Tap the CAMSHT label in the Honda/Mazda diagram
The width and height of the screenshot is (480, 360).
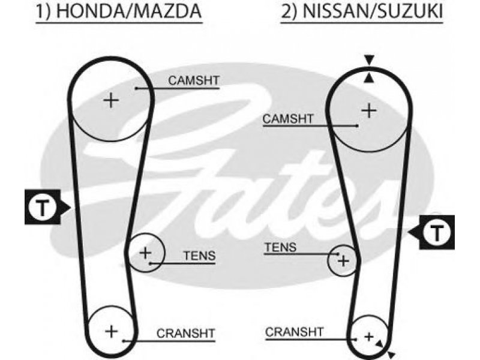pyautogui.click(x=194, y=80)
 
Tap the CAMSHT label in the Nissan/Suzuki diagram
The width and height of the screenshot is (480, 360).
pyautogui.click(x=288, y=119)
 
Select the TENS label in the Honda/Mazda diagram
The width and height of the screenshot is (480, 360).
pyautogui.click(x=200, y=256)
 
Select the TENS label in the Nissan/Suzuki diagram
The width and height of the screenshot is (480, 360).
pyautogui.click(x=280, y=247)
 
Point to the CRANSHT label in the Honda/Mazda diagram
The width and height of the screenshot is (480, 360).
pyautogui.click(x=186, y=334)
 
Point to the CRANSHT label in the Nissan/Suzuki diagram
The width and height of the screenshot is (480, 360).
pyautogui.click(x=294, y=332)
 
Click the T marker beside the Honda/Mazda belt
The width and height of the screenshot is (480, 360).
pyautogui.click(x=43, y=207)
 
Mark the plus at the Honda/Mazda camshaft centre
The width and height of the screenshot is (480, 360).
pyautogui.click(x=111, y=100)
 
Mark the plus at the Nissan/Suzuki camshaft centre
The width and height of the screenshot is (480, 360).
pyautogui.click(x=369, y=110)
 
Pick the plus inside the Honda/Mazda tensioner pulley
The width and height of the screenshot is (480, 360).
pyautogui.click(x=145, y=253)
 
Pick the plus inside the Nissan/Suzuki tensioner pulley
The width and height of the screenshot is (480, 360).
pyautogui.click(x=343, y=261)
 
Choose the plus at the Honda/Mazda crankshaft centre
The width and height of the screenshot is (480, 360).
pyautogui.click(x=111, y=332)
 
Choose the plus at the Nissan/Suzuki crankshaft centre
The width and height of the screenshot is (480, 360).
pyautogui.click(x=369, y=337)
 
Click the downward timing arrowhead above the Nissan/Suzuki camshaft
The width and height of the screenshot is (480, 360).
pyautogui.click(x=369, y=59)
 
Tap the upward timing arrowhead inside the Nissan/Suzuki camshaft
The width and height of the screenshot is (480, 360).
pyautogui.click(x=369, y=79)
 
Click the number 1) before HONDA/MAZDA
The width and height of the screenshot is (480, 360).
pyautogui.click(x=44, y=11)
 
